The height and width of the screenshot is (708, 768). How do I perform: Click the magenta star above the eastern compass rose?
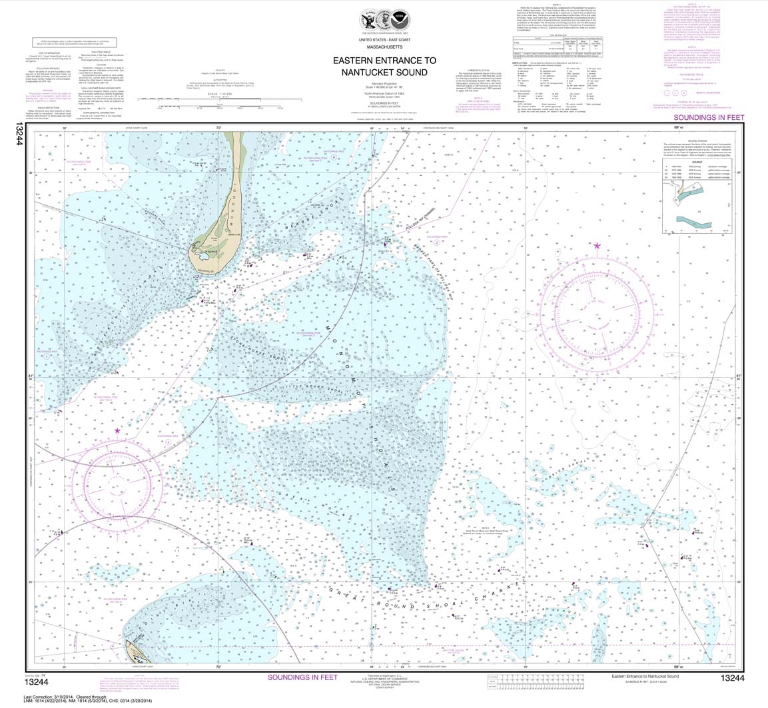click(597, 246)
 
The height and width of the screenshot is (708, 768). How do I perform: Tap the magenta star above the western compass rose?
click(117, 431)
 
